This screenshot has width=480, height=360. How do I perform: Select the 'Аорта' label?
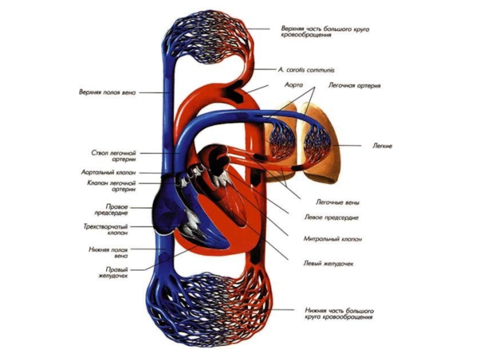coord(293,85)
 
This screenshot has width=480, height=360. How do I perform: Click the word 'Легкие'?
coord(382,146)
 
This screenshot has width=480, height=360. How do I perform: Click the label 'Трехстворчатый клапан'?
coord(113,230)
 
